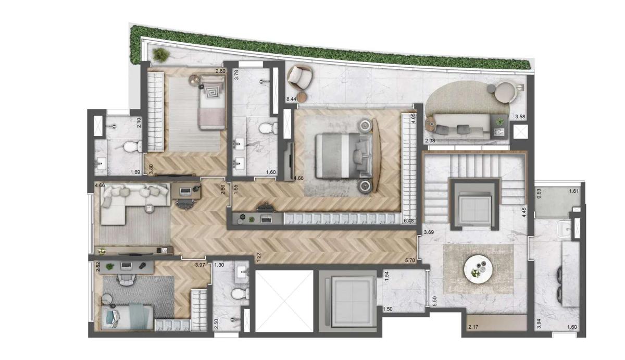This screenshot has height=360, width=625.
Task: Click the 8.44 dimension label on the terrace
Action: pos(291,99)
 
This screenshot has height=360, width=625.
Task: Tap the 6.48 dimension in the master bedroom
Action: pos(409,221)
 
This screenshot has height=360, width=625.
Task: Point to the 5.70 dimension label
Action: pos(410,260)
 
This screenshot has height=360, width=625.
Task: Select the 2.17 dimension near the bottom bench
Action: pos(473,327)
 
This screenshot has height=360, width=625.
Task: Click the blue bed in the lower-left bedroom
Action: pos(127,317)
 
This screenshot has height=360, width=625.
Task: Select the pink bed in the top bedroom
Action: pos(212,103)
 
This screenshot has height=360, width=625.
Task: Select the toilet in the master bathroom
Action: pos(268,128)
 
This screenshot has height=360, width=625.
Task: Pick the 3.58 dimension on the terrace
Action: pos(520,117)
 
